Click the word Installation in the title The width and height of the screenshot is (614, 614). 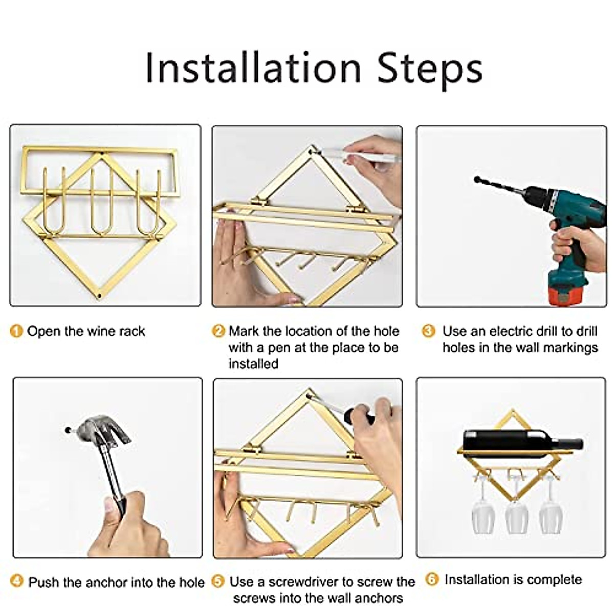click(253, 68)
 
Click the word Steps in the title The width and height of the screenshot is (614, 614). click(430, 70)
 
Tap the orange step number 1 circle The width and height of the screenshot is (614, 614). click(16, 331)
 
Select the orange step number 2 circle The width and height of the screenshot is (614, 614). click(218, 331)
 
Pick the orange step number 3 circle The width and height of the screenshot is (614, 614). click(428, 331)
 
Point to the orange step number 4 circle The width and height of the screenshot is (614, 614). click(17, 581)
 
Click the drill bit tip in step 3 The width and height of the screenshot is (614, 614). click(477, 180)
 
